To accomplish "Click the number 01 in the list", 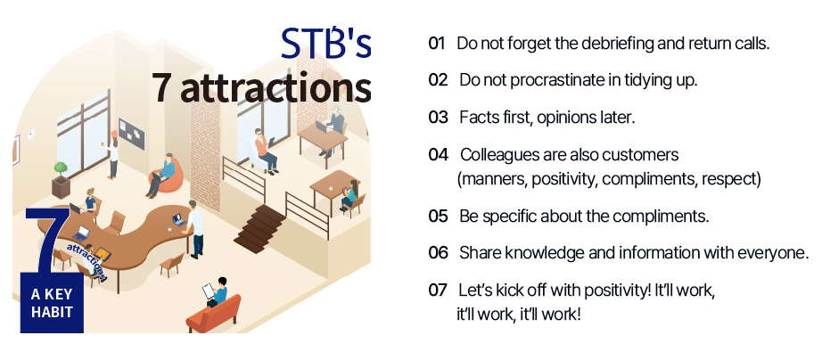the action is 436,44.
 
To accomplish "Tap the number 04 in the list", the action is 438,154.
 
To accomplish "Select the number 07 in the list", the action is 437,290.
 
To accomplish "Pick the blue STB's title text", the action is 326,43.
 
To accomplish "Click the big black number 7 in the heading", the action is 161,87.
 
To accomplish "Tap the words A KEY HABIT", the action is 52,303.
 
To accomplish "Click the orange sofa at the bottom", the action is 213,314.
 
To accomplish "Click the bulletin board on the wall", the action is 131,134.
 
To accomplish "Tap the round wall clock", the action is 31,135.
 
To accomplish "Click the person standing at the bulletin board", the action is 113,154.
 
